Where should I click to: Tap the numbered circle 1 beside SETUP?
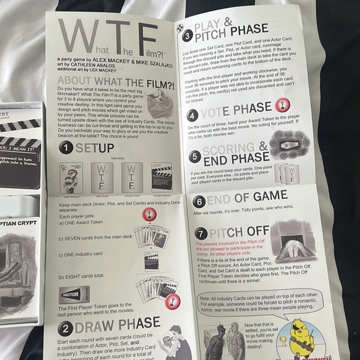pyautogui.click(x=66, y=147)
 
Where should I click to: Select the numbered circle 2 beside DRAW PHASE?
pyautogui.click(x=65, y=329)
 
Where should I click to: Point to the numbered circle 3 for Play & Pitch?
pyautogui.click(x=187, y=35)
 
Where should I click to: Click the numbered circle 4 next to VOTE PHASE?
pyautogui.click(x=192, y=115)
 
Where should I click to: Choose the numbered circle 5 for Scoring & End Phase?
pyautogui.click(x=194, y=156)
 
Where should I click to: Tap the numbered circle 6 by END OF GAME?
pyautogui.click(x=199, y=202)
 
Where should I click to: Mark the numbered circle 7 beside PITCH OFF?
pyautogui.click(x=201, y=233)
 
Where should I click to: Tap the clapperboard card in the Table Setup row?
pyautogui.click(x=162, y=177)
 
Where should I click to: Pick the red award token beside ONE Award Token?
pyautogui.click(x=150, y=215)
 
